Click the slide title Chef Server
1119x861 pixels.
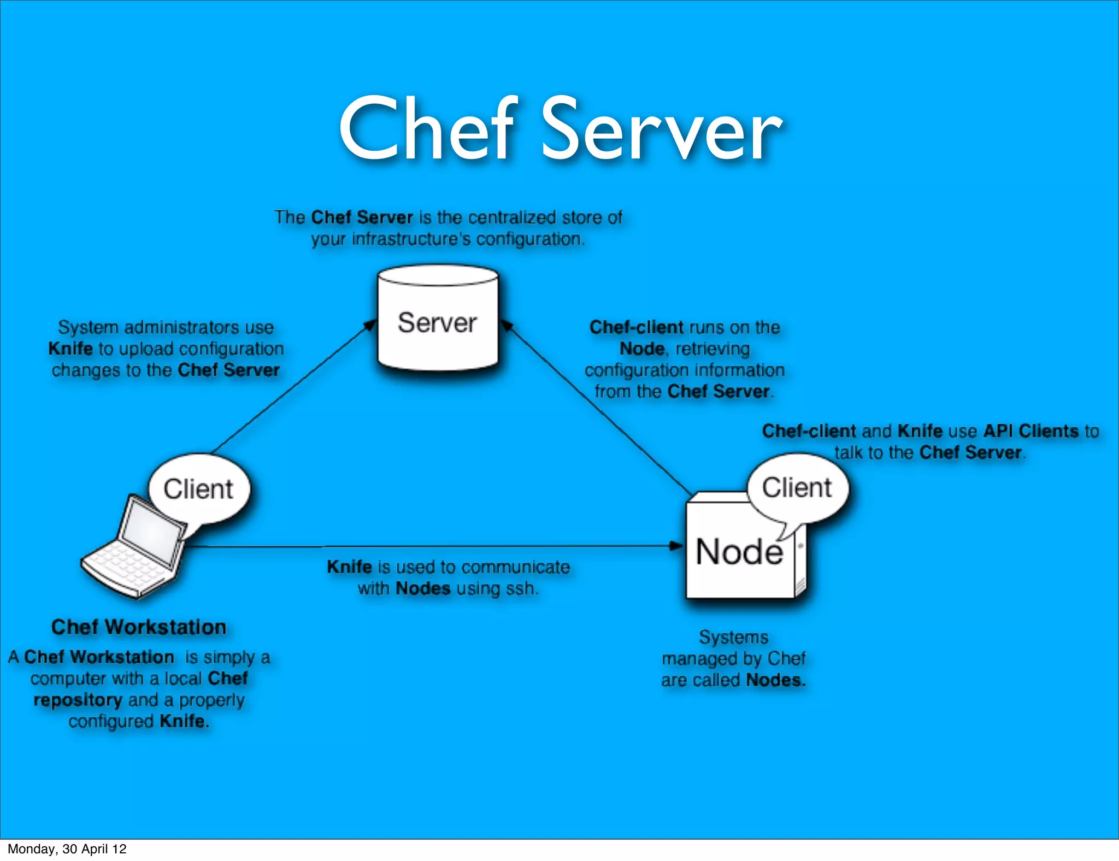pyautogui.click(x=561, y=129)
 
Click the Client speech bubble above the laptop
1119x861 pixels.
pyautogui.click(x=199, y=488)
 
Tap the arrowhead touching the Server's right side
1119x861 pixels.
pyautogui.click(x=507, y=326)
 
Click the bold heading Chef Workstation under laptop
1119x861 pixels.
pyautogui.click(x=139, y=627)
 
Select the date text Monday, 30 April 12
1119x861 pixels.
pyautogui.click(x=67, y=849)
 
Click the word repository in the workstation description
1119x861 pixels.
pyautogui.click(x=78, y=700)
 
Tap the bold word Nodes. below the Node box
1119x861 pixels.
pyautogui.click(x=776, y=680)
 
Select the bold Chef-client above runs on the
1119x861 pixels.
pyautogui.click(x=636, y=327)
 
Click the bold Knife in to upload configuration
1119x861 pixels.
pyautogui.click(x=70, y=349)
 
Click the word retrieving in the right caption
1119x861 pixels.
pyautogui.click(x=712, y=349)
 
